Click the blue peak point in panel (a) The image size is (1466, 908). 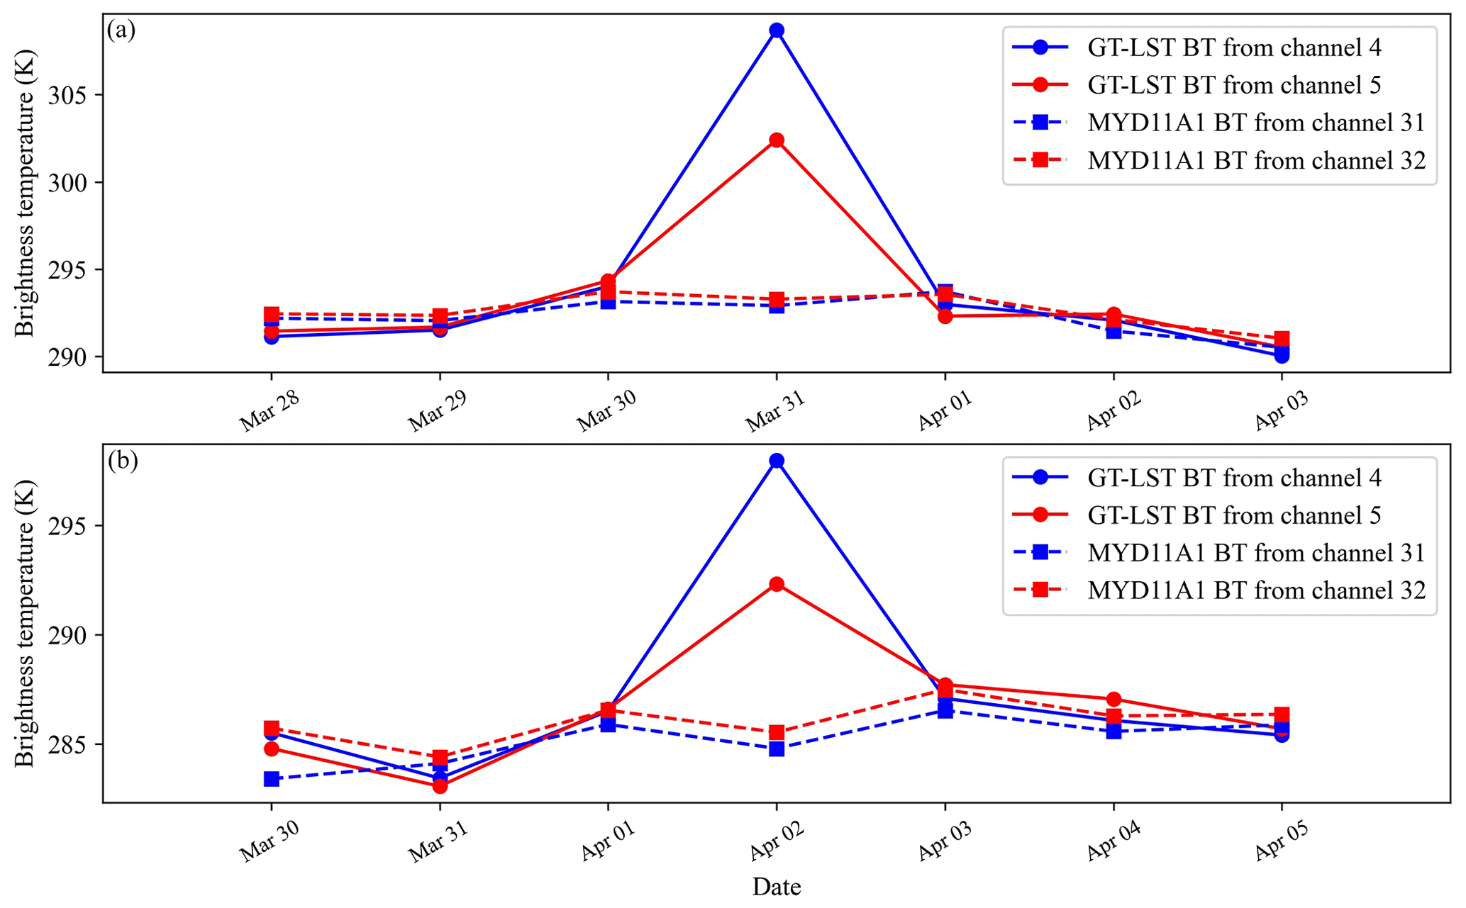click(x=777, y=30)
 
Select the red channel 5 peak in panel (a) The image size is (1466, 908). click(x=777, y=140)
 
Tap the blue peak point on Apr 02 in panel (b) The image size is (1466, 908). click(x=777, y=461)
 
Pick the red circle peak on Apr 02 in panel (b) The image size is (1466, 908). click(x=777, y=584)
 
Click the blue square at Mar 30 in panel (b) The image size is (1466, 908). click(x=271, y=779)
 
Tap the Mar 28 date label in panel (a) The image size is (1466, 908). click(x=270, y=411)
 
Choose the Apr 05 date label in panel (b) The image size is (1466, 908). click(x=1281, y=841)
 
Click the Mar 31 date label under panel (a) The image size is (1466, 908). click(x=776, y=411)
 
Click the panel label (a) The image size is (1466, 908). click(x=121, y=30)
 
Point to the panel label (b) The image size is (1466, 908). click(x=123, y=461)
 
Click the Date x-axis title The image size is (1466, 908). click(x=777, y=887)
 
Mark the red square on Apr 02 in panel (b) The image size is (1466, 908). click(x=777, y=732)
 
